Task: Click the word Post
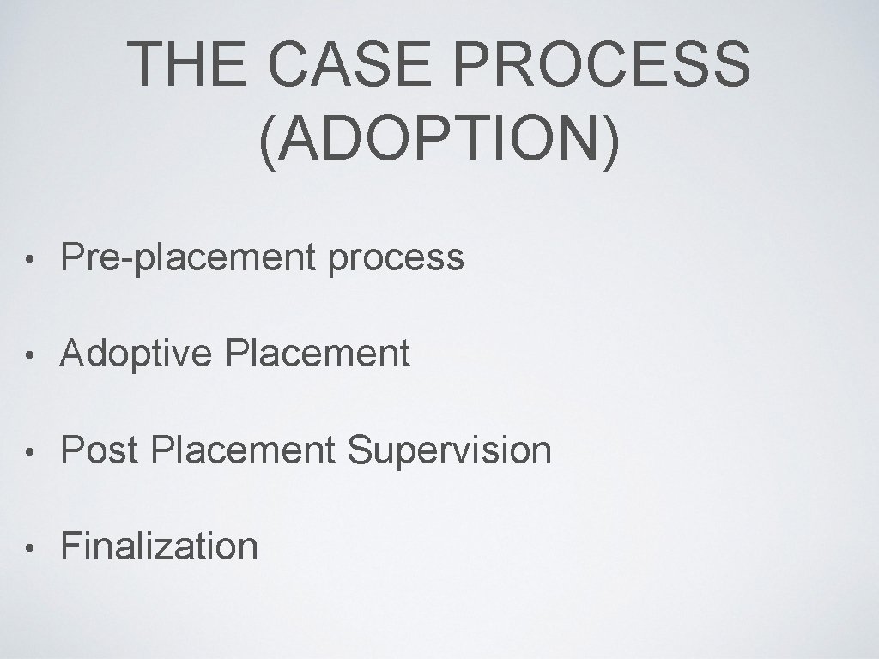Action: [x=100, y=450]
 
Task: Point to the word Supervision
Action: [x=450, y=450]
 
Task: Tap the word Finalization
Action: [x=160, y=546]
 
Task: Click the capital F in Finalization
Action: [x=70, y=546]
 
